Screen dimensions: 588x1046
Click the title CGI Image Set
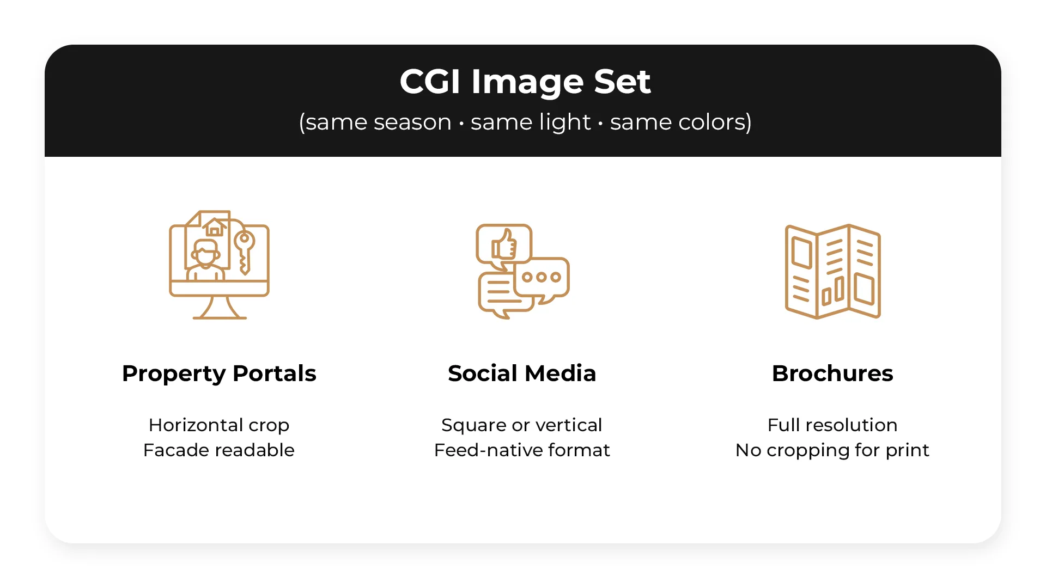tap(525, 82)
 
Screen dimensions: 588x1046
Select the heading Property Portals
tap(219, 373)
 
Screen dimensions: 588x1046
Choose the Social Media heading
tap(522, 373)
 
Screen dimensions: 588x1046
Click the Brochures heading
tap(832, 373)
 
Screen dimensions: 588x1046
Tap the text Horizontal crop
tap(219, 425)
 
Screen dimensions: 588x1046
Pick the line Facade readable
tap(219, 450)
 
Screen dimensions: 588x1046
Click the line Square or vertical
tap(522, 425)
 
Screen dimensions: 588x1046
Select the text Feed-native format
tap(522, 450)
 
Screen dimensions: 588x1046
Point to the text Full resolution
tap(832, 425)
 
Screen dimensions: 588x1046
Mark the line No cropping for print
tap(832, 450)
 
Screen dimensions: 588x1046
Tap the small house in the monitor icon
tap(215, 227)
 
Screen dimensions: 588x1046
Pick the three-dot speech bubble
tap(542, 278)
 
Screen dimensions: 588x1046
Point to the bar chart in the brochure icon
tap(834, 291)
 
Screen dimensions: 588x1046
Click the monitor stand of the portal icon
tap(220, 309)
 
